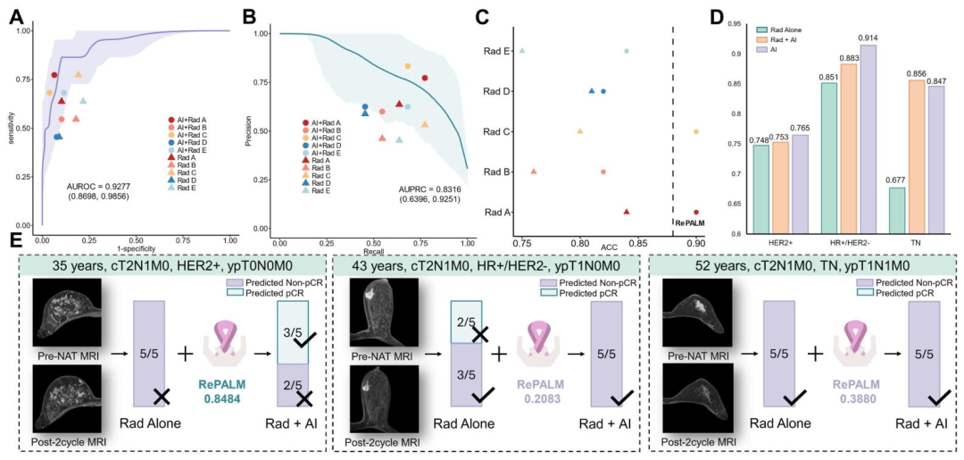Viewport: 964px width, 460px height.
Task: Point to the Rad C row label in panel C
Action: (495, 132)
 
